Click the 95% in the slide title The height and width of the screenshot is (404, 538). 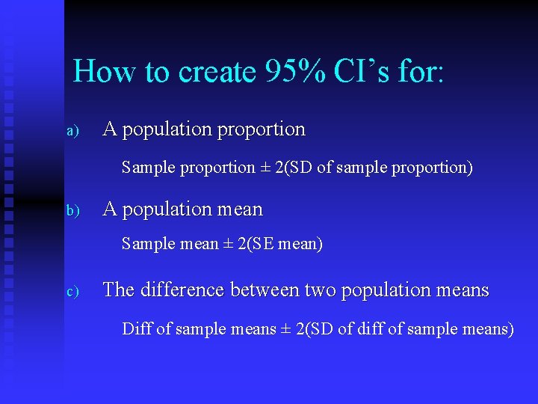click(x=293, y=72)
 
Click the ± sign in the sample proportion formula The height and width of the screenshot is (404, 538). click(x=265, y=168)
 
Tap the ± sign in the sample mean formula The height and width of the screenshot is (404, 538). click(x=227, y=244)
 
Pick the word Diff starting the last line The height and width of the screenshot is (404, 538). click(x=136, y=328)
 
